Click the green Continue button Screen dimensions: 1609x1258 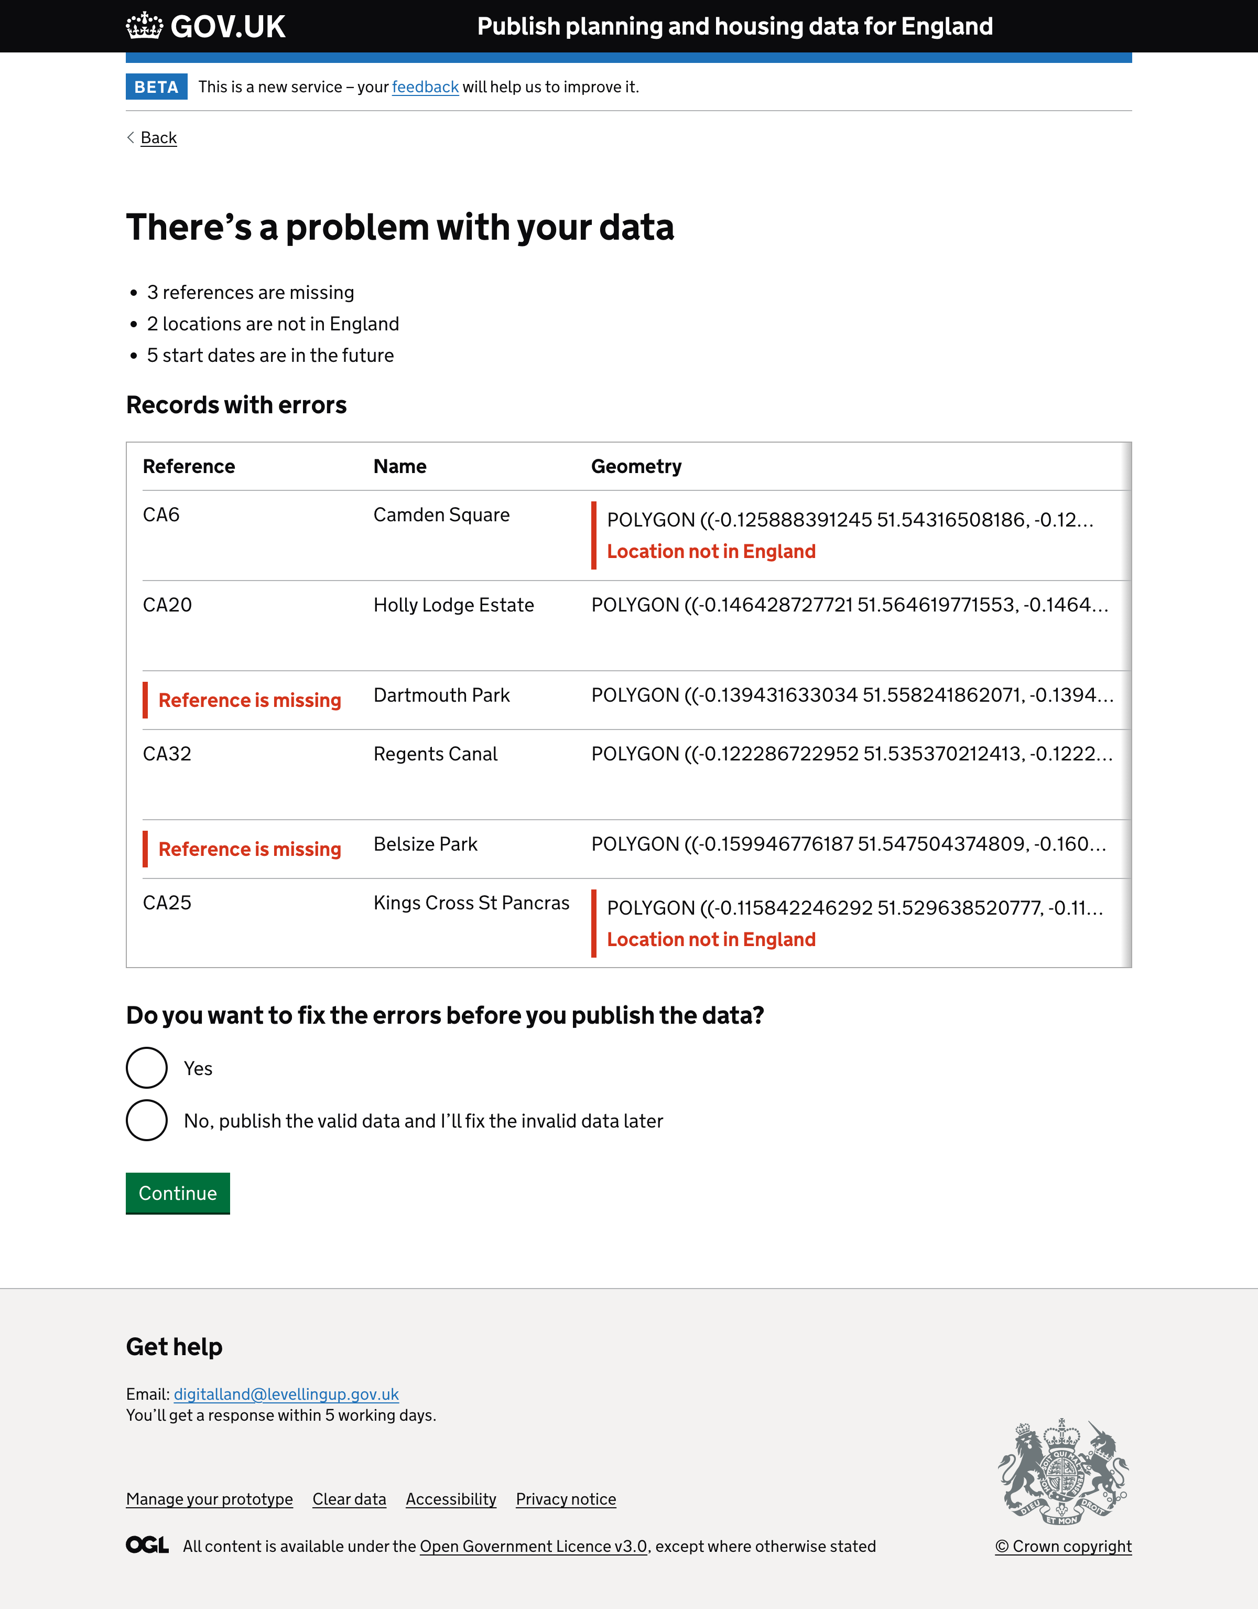[x=178, y=1193]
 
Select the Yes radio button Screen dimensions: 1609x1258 [x=147, y=1068]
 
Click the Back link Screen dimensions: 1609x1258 [x=158, y=138]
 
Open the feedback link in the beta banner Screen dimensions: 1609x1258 [x=425, y=87]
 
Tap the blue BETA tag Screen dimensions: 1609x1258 [x=156, y=87]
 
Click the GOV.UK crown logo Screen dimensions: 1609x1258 [x=144, y=27]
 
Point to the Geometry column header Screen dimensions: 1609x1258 [x=636, y=466]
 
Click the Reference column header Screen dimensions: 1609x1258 [x=189, y=466]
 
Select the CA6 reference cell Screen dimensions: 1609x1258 [x=161, y=515]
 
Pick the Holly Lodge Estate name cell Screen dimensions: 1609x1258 [x=454, y=605]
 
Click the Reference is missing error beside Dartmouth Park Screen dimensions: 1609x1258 [x=250, y=700]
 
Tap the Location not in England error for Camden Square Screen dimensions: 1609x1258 [x=711, y=552]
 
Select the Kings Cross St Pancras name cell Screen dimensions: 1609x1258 [x=471, y=903]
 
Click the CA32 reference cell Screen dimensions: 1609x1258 [x=167, y=754]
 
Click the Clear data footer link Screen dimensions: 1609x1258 [x=349, y=1499]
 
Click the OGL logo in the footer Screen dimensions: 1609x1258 [x=147, y=1545]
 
